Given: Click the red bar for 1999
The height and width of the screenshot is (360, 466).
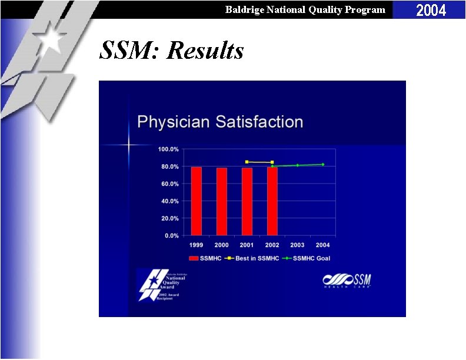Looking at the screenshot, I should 196,201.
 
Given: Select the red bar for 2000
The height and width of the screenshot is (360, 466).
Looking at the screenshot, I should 221,202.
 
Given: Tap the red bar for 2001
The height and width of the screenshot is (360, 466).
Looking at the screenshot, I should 247,202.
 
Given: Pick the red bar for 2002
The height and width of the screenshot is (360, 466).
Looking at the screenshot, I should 272,201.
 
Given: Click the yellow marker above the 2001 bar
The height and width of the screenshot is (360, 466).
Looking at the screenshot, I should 247,162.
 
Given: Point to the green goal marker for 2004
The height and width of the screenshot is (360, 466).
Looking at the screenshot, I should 322,164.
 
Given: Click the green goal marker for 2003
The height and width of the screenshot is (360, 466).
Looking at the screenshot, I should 297,165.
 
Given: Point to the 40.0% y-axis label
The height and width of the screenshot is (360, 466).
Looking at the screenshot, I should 169,201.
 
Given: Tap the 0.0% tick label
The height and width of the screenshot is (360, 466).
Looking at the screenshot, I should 171,236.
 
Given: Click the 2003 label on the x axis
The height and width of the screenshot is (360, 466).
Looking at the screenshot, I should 297,245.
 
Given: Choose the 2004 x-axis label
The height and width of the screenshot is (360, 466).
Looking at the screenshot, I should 322,245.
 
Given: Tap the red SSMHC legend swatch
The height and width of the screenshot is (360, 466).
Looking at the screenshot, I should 193,258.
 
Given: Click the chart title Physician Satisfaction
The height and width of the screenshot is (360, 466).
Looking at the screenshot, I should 220,122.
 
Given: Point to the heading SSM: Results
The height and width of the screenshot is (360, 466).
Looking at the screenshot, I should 171,51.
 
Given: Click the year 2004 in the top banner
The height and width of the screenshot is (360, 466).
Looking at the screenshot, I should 431,10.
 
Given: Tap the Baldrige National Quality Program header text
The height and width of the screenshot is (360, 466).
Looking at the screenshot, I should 305,9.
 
